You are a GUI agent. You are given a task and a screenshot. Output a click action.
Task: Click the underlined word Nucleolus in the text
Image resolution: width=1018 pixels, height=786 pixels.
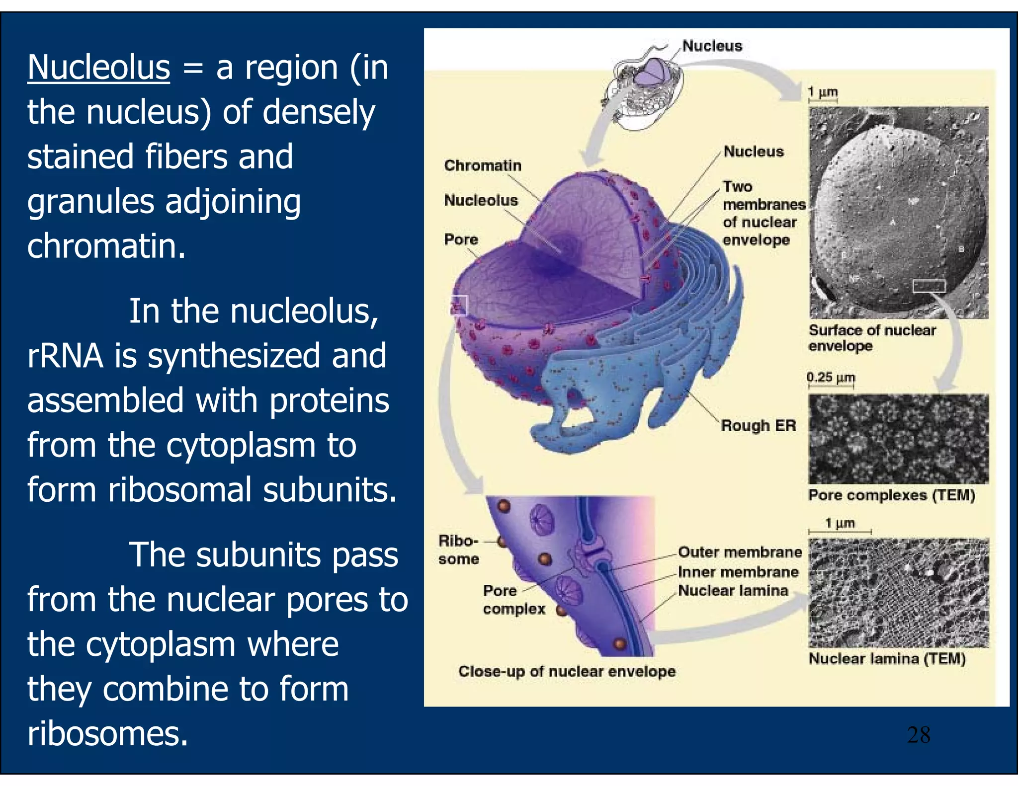click(x=98, y=68)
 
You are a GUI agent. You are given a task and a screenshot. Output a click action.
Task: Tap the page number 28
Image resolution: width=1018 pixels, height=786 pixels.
click(x=918, y=735)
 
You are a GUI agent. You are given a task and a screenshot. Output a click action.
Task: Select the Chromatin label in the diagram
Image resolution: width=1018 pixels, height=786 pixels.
click(x=483, y=165)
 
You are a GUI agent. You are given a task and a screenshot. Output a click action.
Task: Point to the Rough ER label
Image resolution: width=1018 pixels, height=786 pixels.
click(x=758, y=426)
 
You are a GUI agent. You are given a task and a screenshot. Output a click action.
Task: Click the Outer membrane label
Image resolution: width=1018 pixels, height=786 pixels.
click(x=740, y=552)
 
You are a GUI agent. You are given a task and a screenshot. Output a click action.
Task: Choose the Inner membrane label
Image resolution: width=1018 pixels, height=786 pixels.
click(x=738, y=572)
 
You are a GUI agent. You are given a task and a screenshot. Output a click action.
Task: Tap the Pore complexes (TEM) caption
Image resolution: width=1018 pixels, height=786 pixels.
click(x=892, y=495)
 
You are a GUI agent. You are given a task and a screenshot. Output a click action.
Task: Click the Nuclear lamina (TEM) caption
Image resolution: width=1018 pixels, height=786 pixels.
click(x=887, y=659)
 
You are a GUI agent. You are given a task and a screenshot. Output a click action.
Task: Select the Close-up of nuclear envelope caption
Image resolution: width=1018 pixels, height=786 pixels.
click(x=567, y=671)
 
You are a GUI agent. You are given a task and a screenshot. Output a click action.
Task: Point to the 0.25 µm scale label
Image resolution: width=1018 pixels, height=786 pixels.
click(x=831, y=378)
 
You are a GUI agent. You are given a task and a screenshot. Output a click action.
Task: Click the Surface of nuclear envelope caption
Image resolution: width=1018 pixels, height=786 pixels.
click(x=872, y=338)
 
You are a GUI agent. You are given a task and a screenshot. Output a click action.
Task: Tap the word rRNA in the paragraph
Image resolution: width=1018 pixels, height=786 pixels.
click(x=65, y=356)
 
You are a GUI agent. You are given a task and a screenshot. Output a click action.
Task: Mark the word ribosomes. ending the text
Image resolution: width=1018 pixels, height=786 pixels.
click(x=107, y=734)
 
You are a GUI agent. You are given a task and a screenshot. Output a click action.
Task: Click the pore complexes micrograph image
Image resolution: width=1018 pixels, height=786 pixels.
click(x=898, y=439)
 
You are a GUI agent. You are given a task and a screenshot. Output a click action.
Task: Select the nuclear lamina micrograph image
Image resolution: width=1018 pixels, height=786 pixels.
click(x=898, y=593)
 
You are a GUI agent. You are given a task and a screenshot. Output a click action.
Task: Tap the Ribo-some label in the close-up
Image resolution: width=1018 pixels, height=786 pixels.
click(x=458, y=550)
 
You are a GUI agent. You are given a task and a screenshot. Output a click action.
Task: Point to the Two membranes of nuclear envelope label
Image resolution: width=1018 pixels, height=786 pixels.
click(x=763, y=213)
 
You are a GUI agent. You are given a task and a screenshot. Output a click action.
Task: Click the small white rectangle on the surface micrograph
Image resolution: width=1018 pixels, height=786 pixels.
click(x=929, y=286)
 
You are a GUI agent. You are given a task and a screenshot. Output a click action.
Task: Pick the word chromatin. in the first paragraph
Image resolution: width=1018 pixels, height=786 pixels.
click(x=106, y=246)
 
